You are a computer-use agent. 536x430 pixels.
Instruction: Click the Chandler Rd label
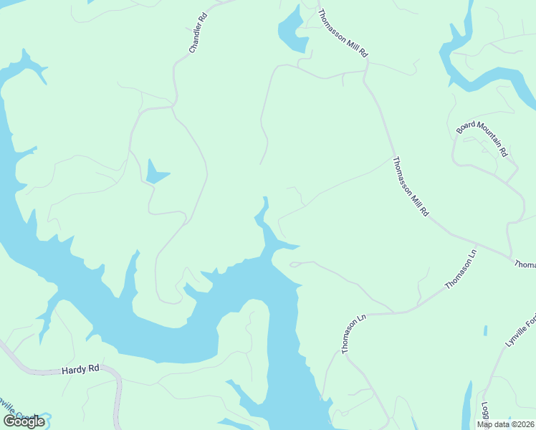[198, 33]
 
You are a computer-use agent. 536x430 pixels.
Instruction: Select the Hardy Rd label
[80, 369]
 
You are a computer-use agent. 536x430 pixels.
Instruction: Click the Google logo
[24, 421]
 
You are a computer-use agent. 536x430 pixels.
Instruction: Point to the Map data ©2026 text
[506, 424]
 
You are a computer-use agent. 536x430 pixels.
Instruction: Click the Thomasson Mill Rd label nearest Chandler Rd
[343, 33]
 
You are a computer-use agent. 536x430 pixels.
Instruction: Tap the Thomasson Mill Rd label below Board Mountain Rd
[411, 187]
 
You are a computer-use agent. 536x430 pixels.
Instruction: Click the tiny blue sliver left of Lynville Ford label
[485, 330]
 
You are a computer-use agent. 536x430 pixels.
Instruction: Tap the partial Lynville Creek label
[21, 415]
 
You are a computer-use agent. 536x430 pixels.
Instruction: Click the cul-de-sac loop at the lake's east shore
[295, 265]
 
